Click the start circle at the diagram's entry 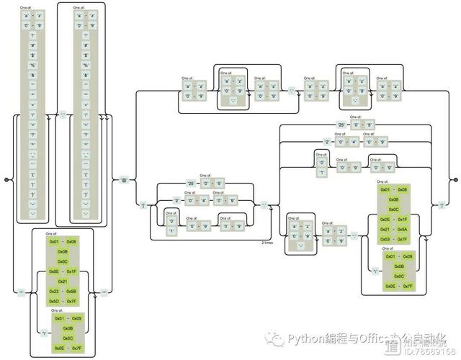(x=5, y=180)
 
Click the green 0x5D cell (x=53, y=301)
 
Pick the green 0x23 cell (x=53, y=292)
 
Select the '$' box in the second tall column (x=86, y=55)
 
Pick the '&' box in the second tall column (x=86, y=75)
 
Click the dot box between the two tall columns (x=63, y=114)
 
